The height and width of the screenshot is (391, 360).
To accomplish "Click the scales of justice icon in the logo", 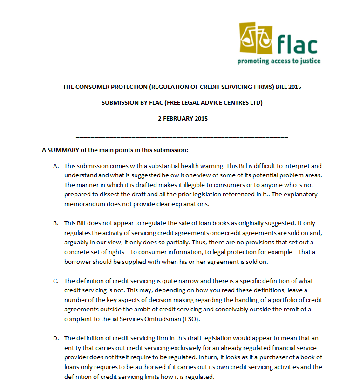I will tap(256, 37).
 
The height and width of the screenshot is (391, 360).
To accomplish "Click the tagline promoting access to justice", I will tap(278, 61).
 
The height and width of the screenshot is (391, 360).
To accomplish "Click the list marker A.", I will tap(56, 166).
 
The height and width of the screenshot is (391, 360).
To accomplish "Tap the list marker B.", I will tap(56, 223).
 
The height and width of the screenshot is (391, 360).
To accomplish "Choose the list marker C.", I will tap(56, 281).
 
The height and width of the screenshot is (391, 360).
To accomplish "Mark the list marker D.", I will tap(56, 338).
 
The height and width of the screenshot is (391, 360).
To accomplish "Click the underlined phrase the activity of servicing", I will tap(124, 233).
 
